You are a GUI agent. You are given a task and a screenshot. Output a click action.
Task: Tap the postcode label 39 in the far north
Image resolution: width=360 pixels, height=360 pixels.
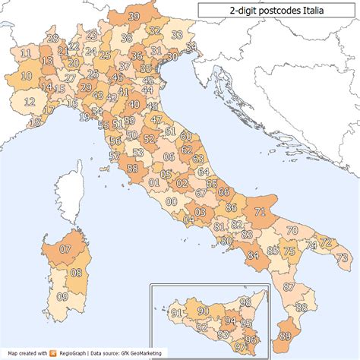point(134,16)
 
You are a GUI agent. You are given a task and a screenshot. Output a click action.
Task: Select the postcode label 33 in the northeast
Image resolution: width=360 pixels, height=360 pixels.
point(177,35)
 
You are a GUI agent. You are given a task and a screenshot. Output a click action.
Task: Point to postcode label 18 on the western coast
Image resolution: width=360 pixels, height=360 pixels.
point(35,122)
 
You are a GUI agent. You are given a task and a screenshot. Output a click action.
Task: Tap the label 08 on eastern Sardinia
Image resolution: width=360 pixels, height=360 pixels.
point(76,272)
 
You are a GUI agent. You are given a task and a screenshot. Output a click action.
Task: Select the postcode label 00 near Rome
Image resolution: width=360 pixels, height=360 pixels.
point(172,202)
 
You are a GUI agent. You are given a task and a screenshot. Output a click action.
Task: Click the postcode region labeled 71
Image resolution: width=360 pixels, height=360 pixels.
point(260,212)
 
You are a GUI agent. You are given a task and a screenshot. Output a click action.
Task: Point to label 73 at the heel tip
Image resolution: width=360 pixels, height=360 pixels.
point(342,258)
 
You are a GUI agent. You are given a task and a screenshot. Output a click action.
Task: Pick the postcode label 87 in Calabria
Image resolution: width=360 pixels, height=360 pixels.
point(288,287)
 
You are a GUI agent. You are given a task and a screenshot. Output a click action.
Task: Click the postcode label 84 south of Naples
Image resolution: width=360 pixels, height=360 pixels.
point(252,255)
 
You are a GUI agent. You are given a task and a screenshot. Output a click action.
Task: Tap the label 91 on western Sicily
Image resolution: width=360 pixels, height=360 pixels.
point(175,313)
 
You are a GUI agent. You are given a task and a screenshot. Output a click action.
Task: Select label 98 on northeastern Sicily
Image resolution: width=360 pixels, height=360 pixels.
point(245,303)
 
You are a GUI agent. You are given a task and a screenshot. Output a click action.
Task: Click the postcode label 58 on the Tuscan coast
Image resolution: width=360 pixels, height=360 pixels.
point(132,169)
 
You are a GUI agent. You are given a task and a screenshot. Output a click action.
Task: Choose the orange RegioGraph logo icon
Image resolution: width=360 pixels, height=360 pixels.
point(53,353)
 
